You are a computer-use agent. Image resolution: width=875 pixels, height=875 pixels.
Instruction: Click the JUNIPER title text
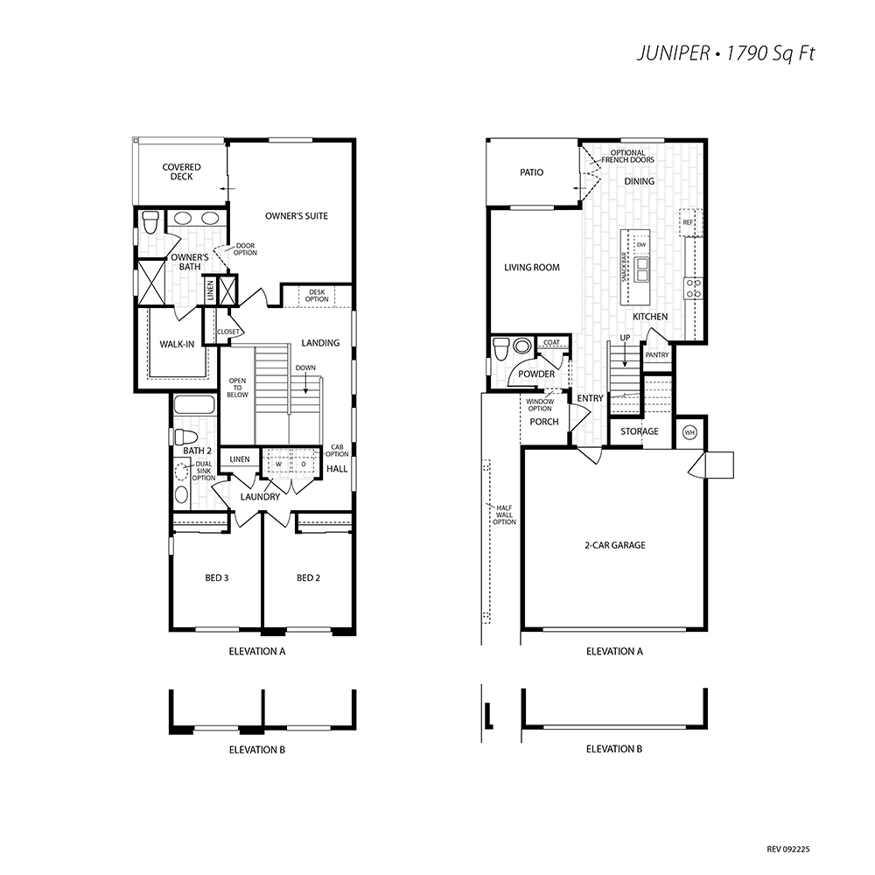(673, 53)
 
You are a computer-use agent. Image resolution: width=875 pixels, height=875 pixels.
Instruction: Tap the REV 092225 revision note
(788, 850)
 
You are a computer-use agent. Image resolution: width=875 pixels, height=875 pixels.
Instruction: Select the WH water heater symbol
(689, 432)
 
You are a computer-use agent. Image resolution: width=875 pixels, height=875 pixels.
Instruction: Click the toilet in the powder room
(500, 349)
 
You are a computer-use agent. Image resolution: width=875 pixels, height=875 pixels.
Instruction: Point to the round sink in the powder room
(522, 346)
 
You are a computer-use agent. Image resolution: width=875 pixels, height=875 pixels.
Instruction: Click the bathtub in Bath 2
(193, 404)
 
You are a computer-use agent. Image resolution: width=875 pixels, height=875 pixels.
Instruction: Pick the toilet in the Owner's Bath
(150, 222)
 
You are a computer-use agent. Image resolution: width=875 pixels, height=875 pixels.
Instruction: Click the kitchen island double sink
(641, 269)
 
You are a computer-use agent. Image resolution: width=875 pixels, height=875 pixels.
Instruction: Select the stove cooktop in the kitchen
(694, 289)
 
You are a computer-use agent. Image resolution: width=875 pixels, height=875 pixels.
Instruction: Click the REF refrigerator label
(688, 222)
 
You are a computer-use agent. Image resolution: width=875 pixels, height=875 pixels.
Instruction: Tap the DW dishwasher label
(641, 244)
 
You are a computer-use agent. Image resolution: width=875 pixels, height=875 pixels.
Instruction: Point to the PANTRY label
(657, 355)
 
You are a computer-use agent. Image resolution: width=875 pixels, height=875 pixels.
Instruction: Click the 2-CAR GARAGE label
(615, 545)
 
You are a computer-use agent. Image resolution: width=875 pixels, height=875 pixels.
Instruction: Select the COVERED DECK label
(181, 171)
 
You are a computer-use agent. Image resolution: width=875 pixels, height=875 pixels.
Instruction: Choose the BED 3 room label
(216, 578)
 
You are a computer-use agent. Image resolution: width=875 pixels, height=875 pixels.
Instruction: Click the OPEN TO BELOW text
(237, 388)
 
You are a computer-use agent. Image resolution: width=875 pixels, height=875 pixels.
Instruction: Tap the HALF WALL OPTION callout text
(504, 515)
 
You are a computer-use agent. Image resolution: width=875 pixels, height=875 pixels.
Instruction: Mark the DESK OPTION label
(317, 296)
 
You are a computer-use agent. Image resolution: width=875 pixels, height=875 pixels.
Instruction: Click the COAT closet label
(551, 343)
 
